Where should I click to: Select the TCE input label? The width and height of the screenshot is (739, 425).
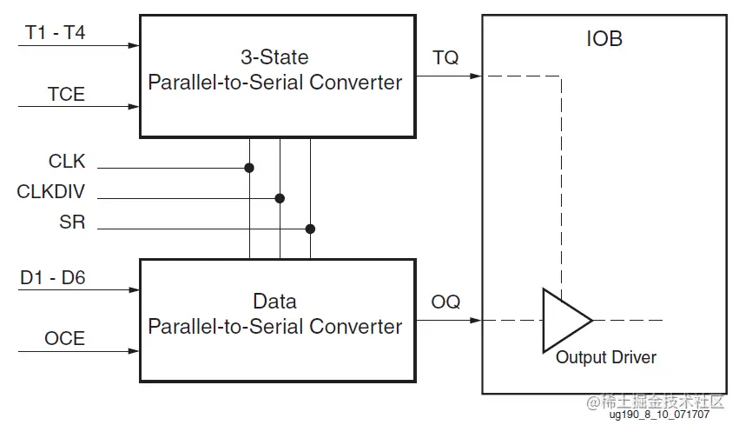click(x=66, y=94)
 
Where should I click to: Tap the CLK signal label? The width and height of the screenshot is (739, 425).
click(x=67, y=161)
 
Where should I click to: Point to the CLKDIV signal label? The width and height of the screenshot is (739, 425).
click(x=51, y=191)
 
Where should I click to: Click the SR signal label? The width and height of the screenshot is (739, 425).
click(x=72, y=222)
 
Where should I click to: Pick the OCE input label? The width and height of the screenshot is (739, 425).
click(x=65, y=338)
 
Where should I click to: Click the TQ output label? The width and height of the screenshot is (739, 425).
click(x=445, y=58)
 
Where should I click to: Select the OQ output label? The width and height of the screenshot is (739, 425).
click(x=446, y=302)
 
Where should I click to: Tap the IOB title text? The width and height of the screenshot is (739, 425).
click(x=604, y=39)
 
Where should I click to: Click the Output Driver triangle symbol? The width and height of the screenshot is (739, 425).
click(x=563, y=320)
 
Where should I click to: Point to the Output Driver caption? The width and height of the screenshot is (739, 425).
click(x=606, y=357)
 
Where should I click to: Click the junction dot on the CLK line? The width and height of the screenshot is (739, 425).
click(x=249, y=168)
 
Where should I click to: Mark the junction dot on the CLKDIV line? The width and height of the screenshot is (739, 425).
click(x=280, y=198)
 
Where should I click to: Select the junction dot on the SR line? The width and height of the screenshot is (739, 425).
click(x=310, y=229)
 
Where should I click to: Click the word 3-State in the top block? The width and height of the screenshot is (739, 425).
click(x=274, y=58)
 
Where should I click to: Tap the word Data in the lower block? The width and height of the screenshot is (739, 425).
click(x=274, y=302)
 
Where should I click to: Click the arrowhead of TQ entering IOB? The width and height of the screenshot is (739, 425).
click(x=476, y=76)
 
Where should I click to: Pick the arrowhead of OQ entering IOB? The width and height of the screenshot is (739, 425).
click(x=476, y=320)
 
